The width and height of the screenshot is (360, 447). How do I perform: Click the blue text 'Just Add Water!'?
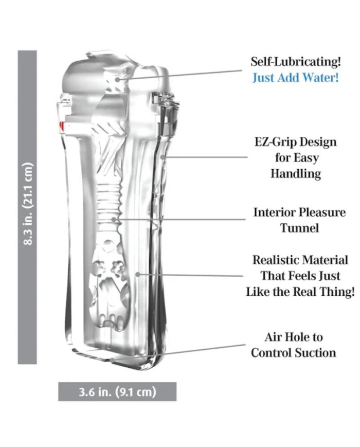[x=296, y=78]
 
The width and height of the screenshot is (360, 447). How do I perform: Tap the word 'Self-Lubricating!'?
[x=296, y=62]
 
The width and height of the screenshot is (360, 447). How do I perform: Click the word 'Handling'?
[x=296, y=173]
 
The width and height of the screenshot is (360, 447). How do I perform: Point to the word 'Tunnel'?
[x=299, y=228]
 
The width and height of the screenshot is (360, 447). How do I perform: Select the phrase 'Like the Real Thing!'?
[x=300, y=292]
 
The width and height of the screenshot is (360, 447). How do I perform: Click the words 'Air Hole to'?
[x=294, y=337]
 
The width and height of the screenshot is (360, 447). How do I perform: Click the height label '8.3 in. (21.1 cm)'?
[x=27, y=204]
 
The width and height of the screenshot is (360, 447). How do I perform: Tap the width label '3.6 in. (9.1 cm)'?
[x=117, y=392]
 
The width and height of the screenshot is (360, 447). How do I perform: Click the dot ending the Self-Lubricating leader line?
[x=117, y=80]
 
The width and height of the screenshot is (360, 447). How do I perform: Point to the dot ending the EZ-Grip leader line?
[x=163, y=157]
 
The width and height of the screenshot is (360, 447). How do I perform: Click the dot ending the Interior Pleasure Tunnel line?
[x=114, y=220]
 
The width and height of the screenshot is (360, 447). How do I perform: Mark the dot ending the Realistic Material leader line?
[x=138, y=274]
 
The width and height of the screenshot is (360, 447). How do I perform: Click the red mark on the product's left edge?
[x=61, y=125]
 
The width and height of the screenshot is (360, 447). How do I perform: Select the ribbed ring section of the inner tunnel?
[x=111, y=199]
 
